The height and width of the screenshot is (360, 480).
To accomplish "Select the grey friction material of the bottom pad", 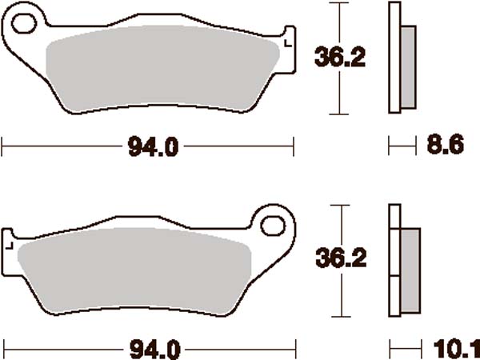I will (136, 272).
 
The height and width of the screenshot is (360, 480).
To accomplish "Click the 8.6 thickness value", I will (442, 146).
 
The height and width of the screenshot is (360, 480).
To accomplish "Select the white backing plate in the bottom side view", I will (394, 261).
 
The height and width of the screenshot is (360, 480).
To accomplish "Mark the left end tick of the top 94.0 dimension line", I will (3, 146).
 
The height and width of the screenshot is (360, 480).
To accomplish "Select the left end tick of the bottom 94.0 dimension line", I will (3, 349).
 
